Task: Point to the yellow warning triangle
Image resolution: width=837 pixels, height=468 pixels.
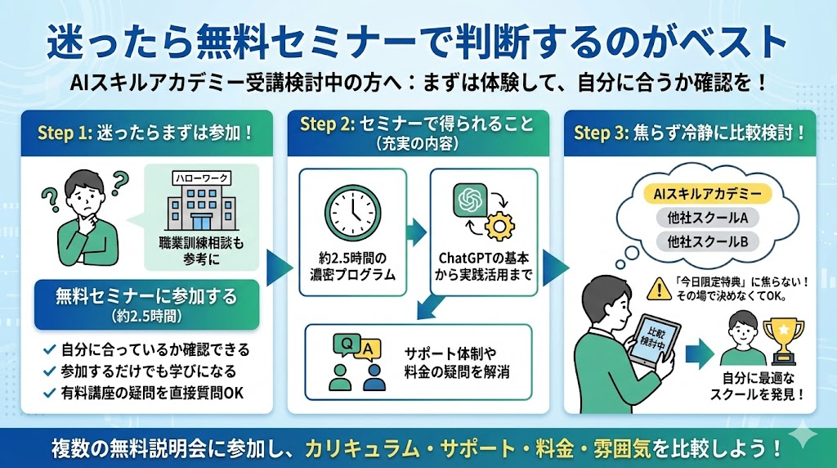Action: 657,286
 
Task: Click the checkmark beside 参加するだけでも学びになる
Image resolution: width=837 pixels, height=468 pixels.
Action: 49,371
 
